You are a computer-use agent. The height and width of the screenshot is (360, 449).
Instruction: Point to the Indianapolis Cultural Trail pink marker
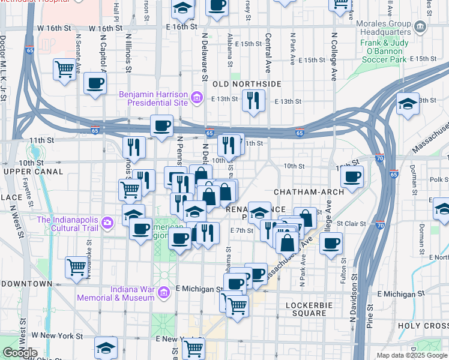[107, 223]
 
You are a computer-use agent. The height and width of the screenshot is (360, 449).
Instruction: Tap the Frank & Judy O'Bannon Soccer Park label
[392, 51]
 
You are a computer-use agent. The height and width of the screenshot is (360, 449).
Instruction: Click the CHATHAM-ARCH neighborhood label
[308, 191]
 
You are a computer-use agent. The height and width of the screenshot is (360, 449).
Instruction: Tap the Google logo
[20, 353]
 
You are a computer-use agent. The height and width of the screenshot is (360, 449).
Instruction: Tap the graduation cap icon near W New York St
[106, 347]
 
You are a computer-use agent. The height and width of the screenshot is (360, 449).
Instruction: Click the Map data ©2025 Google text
[412, 355]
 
